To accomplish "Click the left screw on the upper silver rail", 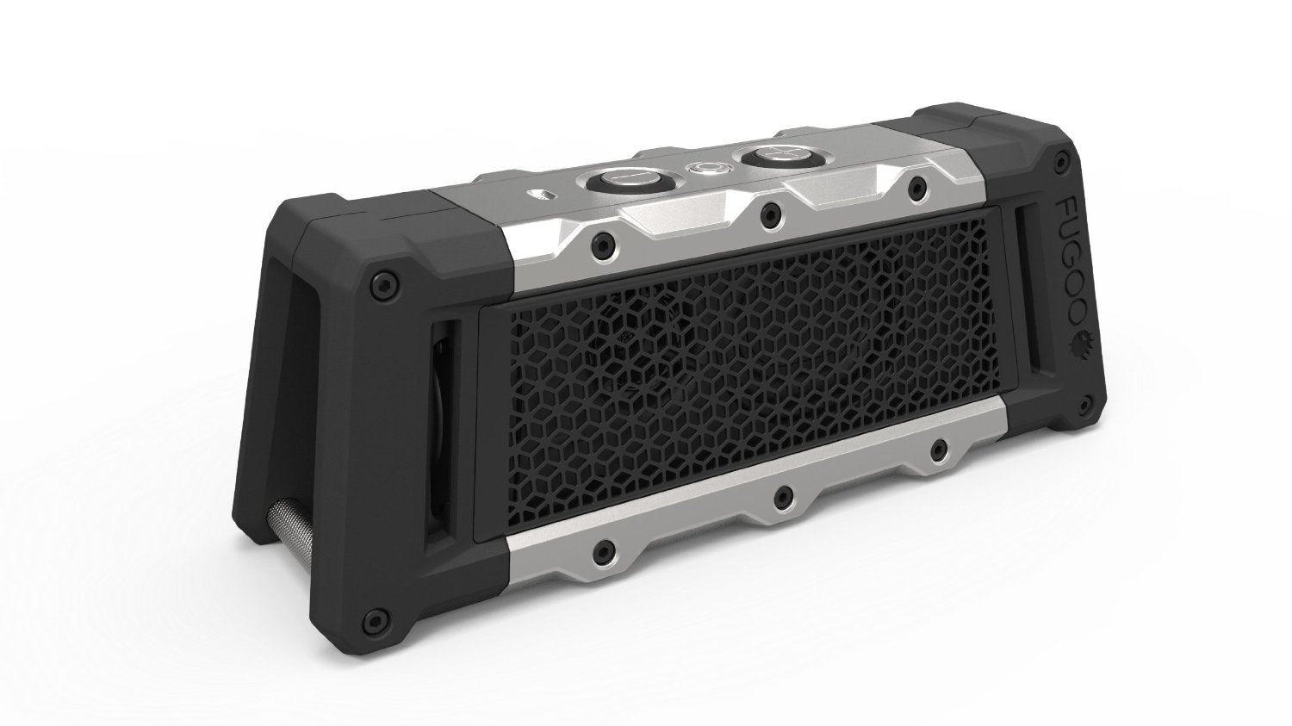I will [x=596, y=245].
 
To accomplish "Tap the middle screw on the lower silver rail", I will [x=781, y=494].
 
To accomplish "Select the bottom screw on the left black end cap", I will [x=371, y=619].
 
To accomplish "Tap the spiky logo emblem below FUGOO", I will [x=1076, y=344].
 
